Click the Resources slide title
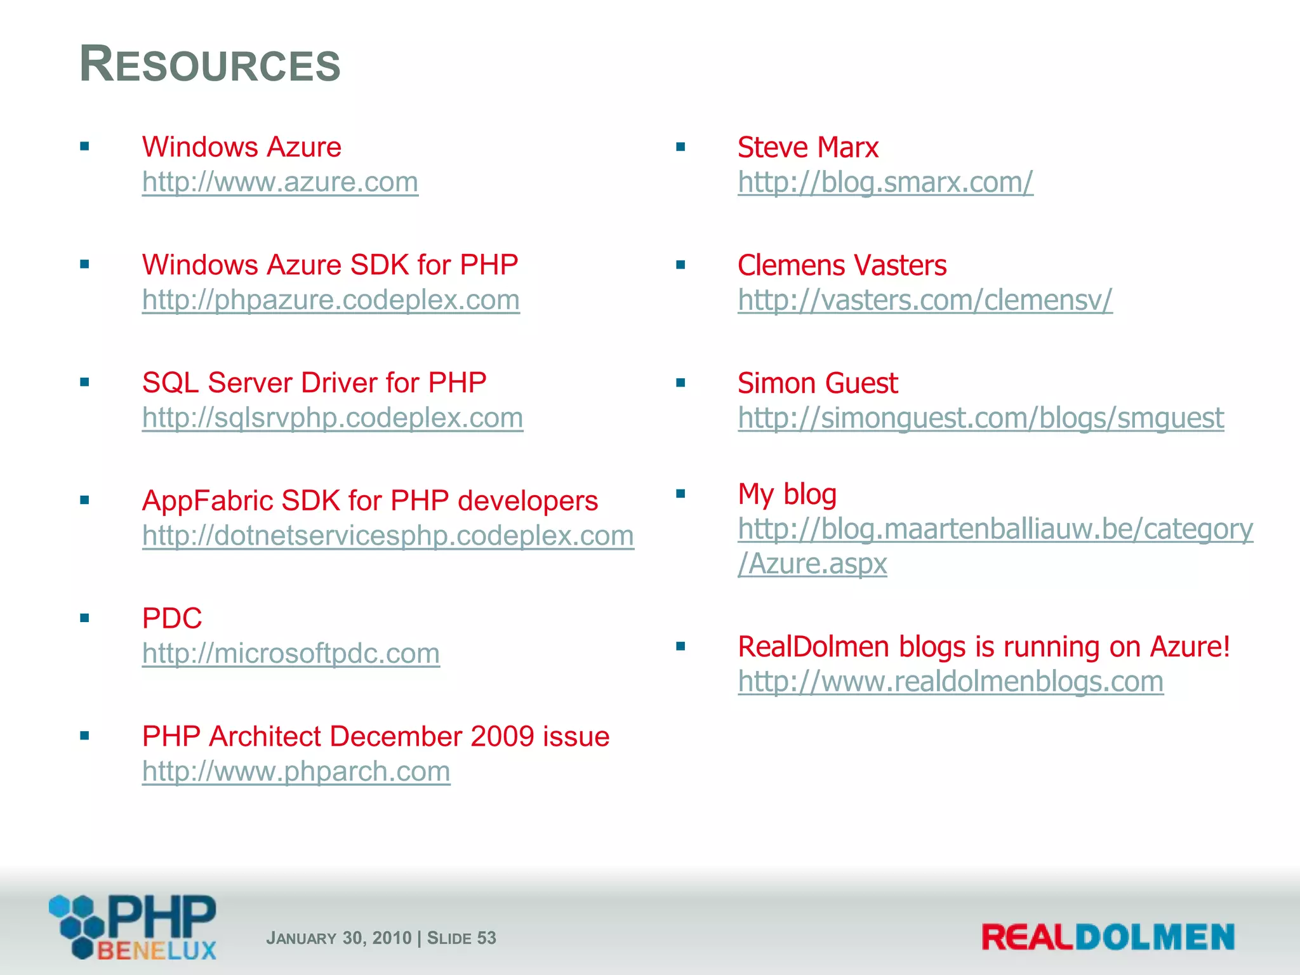pos(210,65)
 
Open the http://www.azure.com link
pos(280,182)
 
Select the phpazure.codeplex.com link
pos(331,300)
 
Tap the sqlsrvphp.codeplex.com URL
pos(333,418)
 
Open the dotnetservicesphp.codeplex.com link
pos(388,535)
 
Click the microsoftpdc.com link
pos(291,653)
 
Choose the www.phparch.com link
pos(296,771)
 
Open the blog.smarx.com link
pos(885,182)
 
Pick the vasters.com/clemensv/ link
pos(925,300)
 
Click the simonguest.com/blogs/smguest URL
pos(981,418)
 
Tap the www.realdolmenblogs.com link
pos(950,682)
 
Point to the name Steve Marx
pos(807,147)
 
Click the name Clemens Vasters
pos(842,265)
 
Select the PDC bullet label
pos(172,618)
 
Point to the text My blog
pos(787,494)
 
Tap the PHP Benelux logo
pos(133,927)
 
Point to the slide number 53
pos(486,938)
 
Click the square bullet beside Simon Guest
pos(680,383)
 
